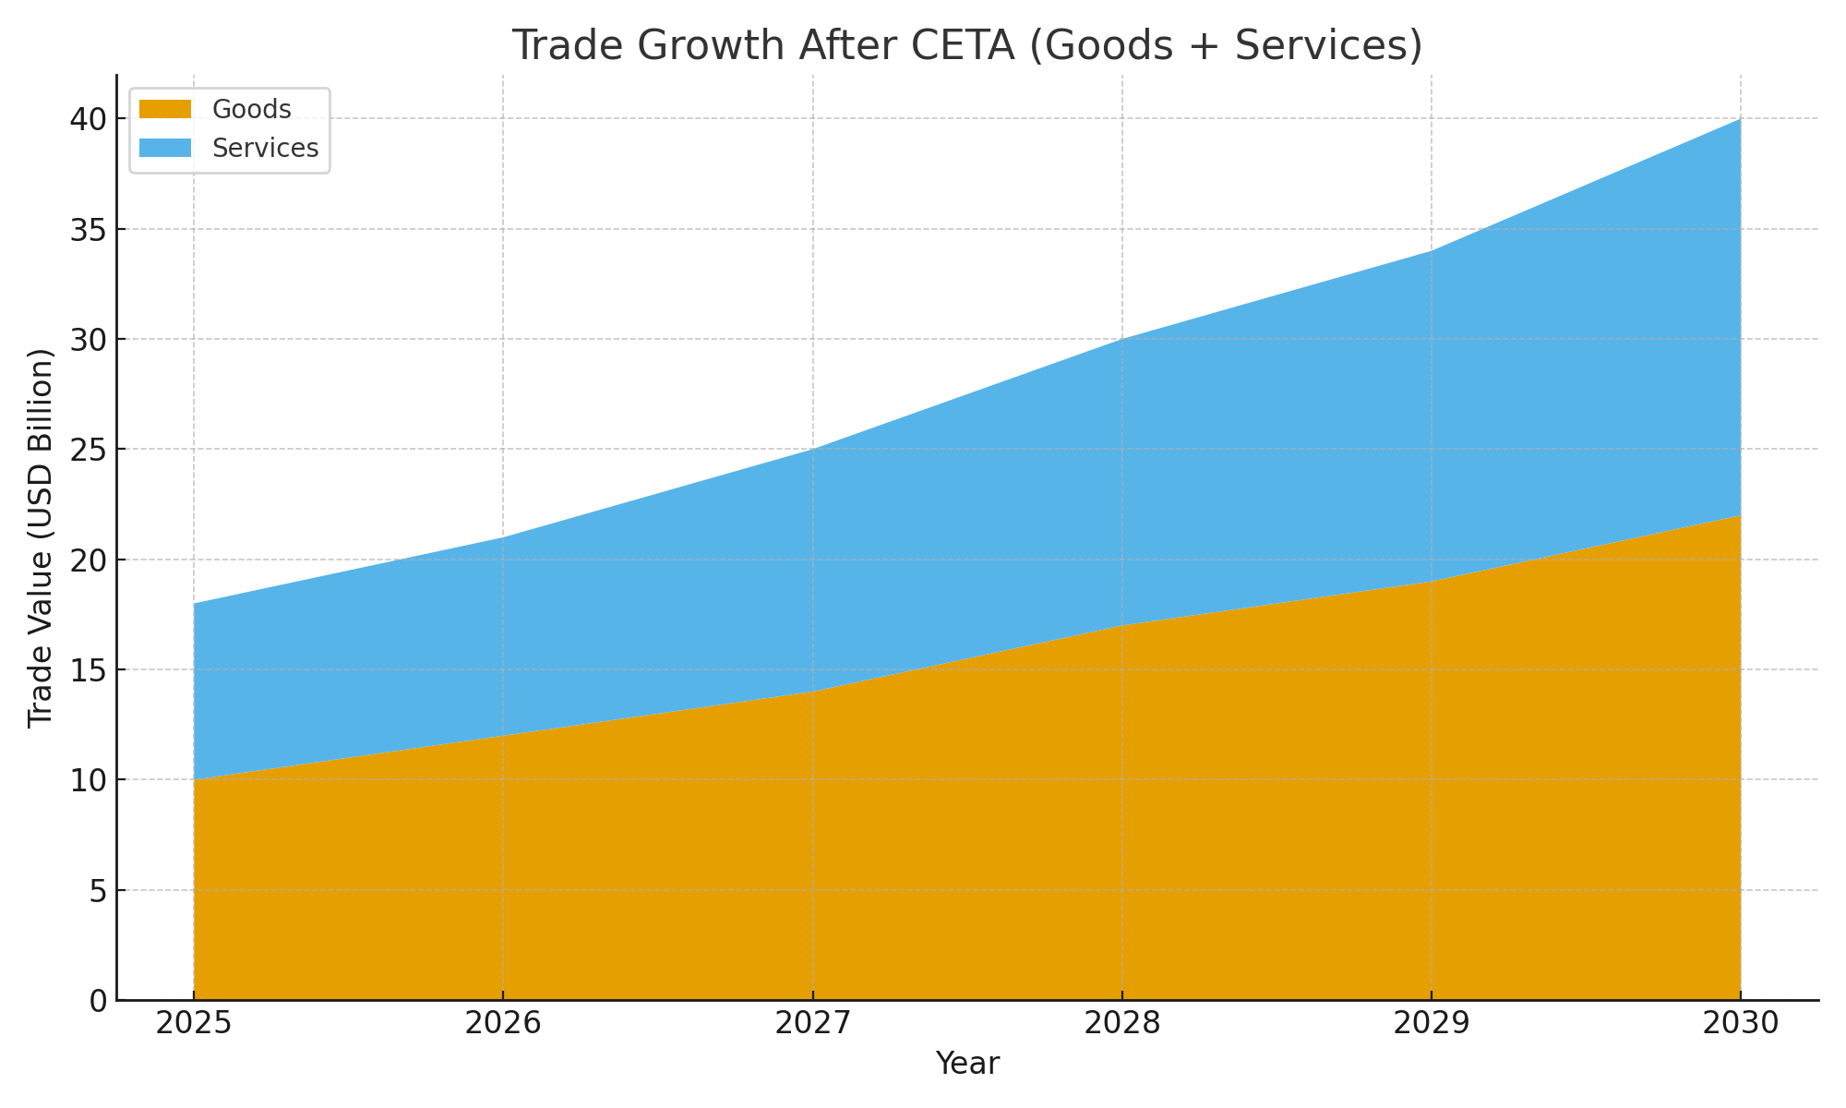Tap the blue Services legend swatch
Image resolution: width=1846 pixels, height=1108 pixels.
pyautogui.click(x=165, y=149)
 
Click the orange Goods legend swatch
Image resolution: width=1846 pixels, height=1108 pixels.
pyautogui.click(x=165, y=110)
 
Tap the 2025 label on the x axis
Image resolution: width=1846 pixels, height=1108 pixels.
pyautogui.click(x=194, y=1024)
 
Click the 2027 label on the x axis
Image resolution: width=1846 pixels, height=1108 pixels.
pyautogui.click(x=812, y=1024)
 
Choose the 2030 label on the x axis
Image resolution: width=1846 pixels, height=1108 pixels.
pyautogui.click(x=1740, y=1024)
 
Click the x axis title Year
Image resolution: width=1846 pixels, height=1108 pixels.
pyautogui.click(x=967, y=1064)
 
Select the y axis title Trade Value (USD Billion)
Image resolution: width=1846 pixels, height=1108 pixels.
pyautogui.click(x=41, y=538)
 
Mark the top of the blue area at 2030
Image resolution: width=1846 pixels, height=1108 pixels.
pyautogui.click(x=1740, y=120)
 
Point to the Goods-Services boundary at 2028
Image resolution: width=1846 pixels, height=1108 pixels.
pyautogui.click(x=1121, y=626)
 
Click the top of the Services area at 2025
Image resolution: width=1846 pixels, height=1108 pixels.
pyautogui.click(x=195, y=604)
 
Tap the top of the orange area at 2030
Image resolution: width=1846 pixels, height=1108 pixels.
pyautogui.click(x=1740, y=516)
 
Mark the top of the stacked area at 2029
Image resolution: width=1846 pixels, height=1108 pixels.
pyautogui.click(x=1431, y=251)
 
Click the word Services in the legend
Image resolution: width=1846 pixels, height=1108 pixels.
pyautogui.click(x=265, y=149)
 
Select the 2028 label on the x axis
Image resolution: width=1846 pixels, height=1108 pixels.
pyautogui.click(x=1121, y=1024)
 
